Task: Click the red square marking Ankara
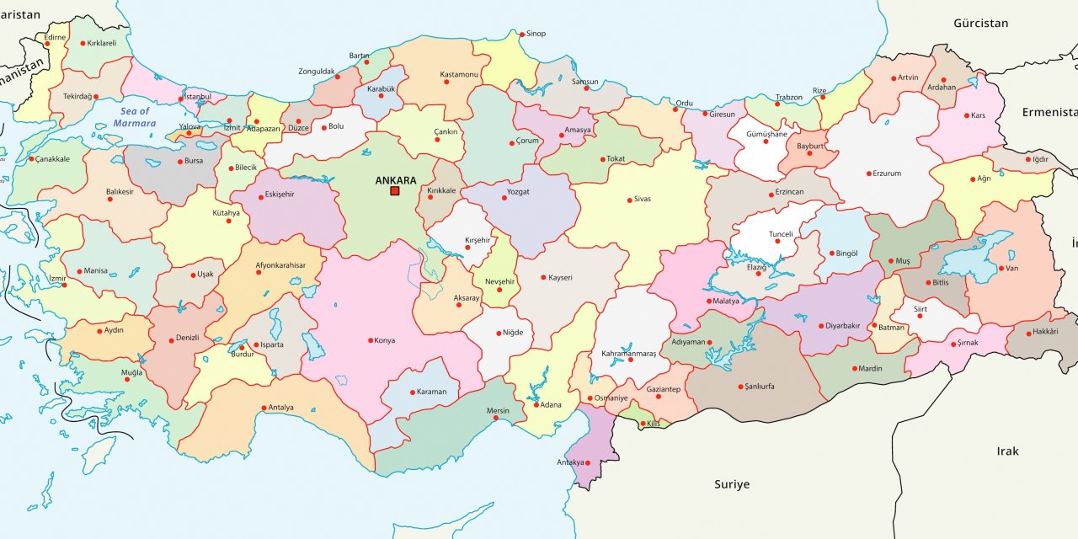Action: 394,191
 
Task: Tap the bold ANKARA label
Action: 395,180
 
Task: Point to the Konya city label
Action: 385,340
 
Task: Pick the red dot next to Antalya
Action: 264,408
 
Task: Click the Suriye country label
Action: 731,484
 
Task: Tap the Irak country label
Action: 1007,451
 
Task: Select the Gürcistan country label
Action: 980,23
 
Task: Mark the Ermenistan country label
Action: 1049,112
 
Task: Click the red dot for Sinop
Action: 521,35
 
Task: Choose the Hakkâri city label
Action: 1046,333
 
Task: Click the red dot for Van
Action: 1000,269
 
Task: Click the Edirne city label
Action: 55,37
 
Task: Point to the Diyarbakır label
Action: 842,326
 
